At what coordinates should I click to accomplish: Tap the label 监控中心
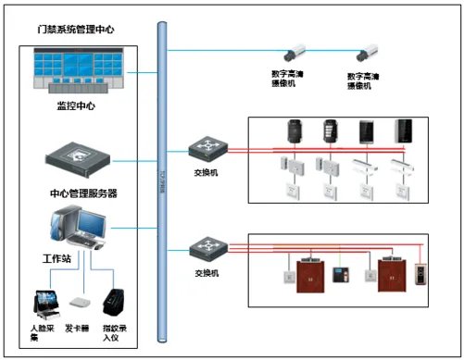(75, 106)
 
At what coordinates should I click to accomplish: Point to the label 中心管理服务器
(82, 193)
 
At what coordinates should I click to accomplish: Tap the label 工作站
(56, 259)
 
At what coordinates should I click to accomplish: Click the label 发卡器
(78, 329)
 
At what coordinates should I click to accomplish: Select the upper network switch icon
(202, 148)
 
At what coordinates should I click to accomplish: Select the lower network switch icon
(202, 248)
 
